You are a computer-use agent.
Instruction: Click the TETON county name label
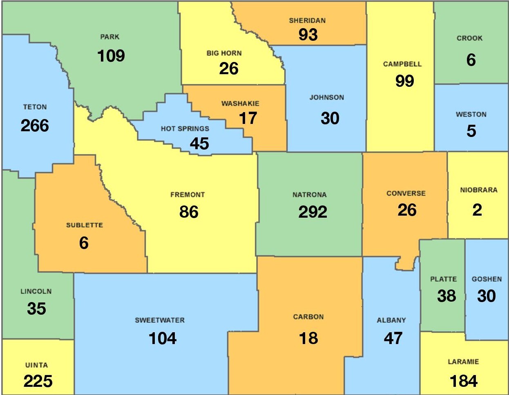click(35, 107)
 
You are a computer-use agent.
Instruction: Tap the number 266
click(35, 126)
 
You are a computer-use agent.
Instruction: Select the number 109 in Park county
click(111, 55)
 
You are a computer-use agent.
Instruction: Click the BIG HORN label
click(224, 53)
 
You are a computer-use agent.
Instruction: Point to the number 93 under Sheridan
click(308, 35)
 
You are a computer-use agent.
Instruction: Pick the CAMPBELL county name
click(402, 64)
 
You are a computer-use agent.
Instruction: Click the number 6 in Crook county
click(471, 60)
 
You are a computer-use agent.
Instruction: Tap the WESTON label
click(471, 115)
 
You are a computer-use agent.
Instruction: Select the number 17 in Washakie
click(248, 118)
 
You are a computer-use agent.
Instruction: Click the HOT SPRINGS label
click(185, 129)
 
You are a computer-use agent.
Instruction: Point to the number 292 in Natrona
click(313, 212)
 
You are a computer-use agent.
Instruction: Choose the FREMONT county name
click(188, 195)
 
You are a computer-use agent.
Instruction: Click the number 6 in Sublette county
click(84, 243)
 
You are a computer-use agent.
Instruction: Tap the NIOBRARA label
click(478, 190)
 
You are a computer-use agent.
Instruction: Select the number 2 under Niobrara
click(477, 210)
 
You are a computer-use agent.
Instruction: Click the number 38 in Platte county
click(446, 296)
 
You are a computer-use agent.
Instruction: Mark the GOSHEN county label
click(487, 279)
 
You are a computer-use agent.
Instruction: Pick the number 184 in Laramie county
click(463, 381)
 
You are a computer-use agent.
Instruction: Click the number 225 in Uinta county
click(38, 381)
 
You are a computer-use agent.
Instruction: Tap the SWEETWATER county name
click(160, 320)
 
